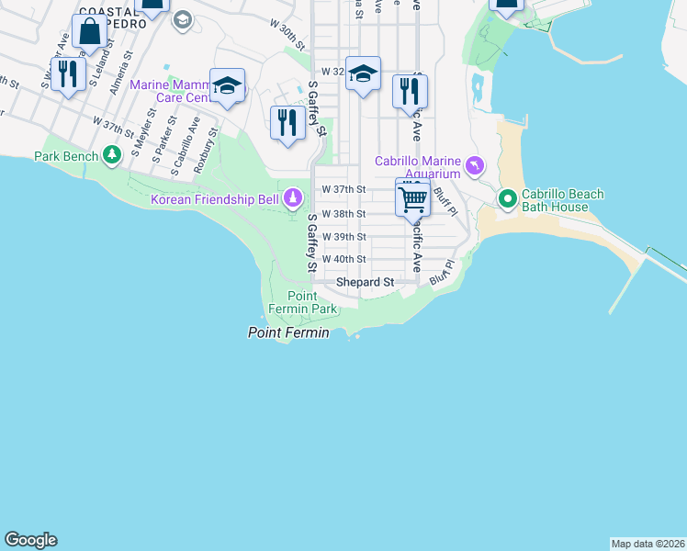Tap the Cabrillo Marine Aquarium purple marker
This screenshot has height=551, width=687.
pyautogui.click(x=474, y=166)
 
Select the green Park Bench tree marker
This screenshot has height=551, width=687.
pyautogui.click(x=112, y=155)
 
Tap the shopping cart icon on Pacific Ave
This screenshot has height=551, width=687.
pyautogui.click(x=413, y=197)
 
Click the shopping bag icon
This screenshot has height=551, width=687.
pyautogui.click(x=90, y=33)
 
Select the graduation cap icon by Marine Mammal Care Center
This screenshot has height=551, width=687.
pyautogui.click(x=227, y=86)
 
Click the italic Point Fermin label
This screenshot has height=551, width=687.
pyautogui.click(x=288, y=332)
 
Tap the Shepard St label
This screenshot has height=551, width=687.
pyautogui.click(x=365, y=283)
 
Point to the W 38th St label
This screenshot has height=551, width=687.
pyautogui.click(x=343, y=214)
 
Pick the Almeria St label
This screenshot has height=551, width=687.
pyautogui.click(x=121, y=73)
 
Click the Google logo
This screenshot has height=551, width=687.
pyautogui.click(x=30, y=540)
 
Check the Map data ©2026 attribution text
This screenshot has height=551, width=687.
pyautogui.click(x=648, y=543)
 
